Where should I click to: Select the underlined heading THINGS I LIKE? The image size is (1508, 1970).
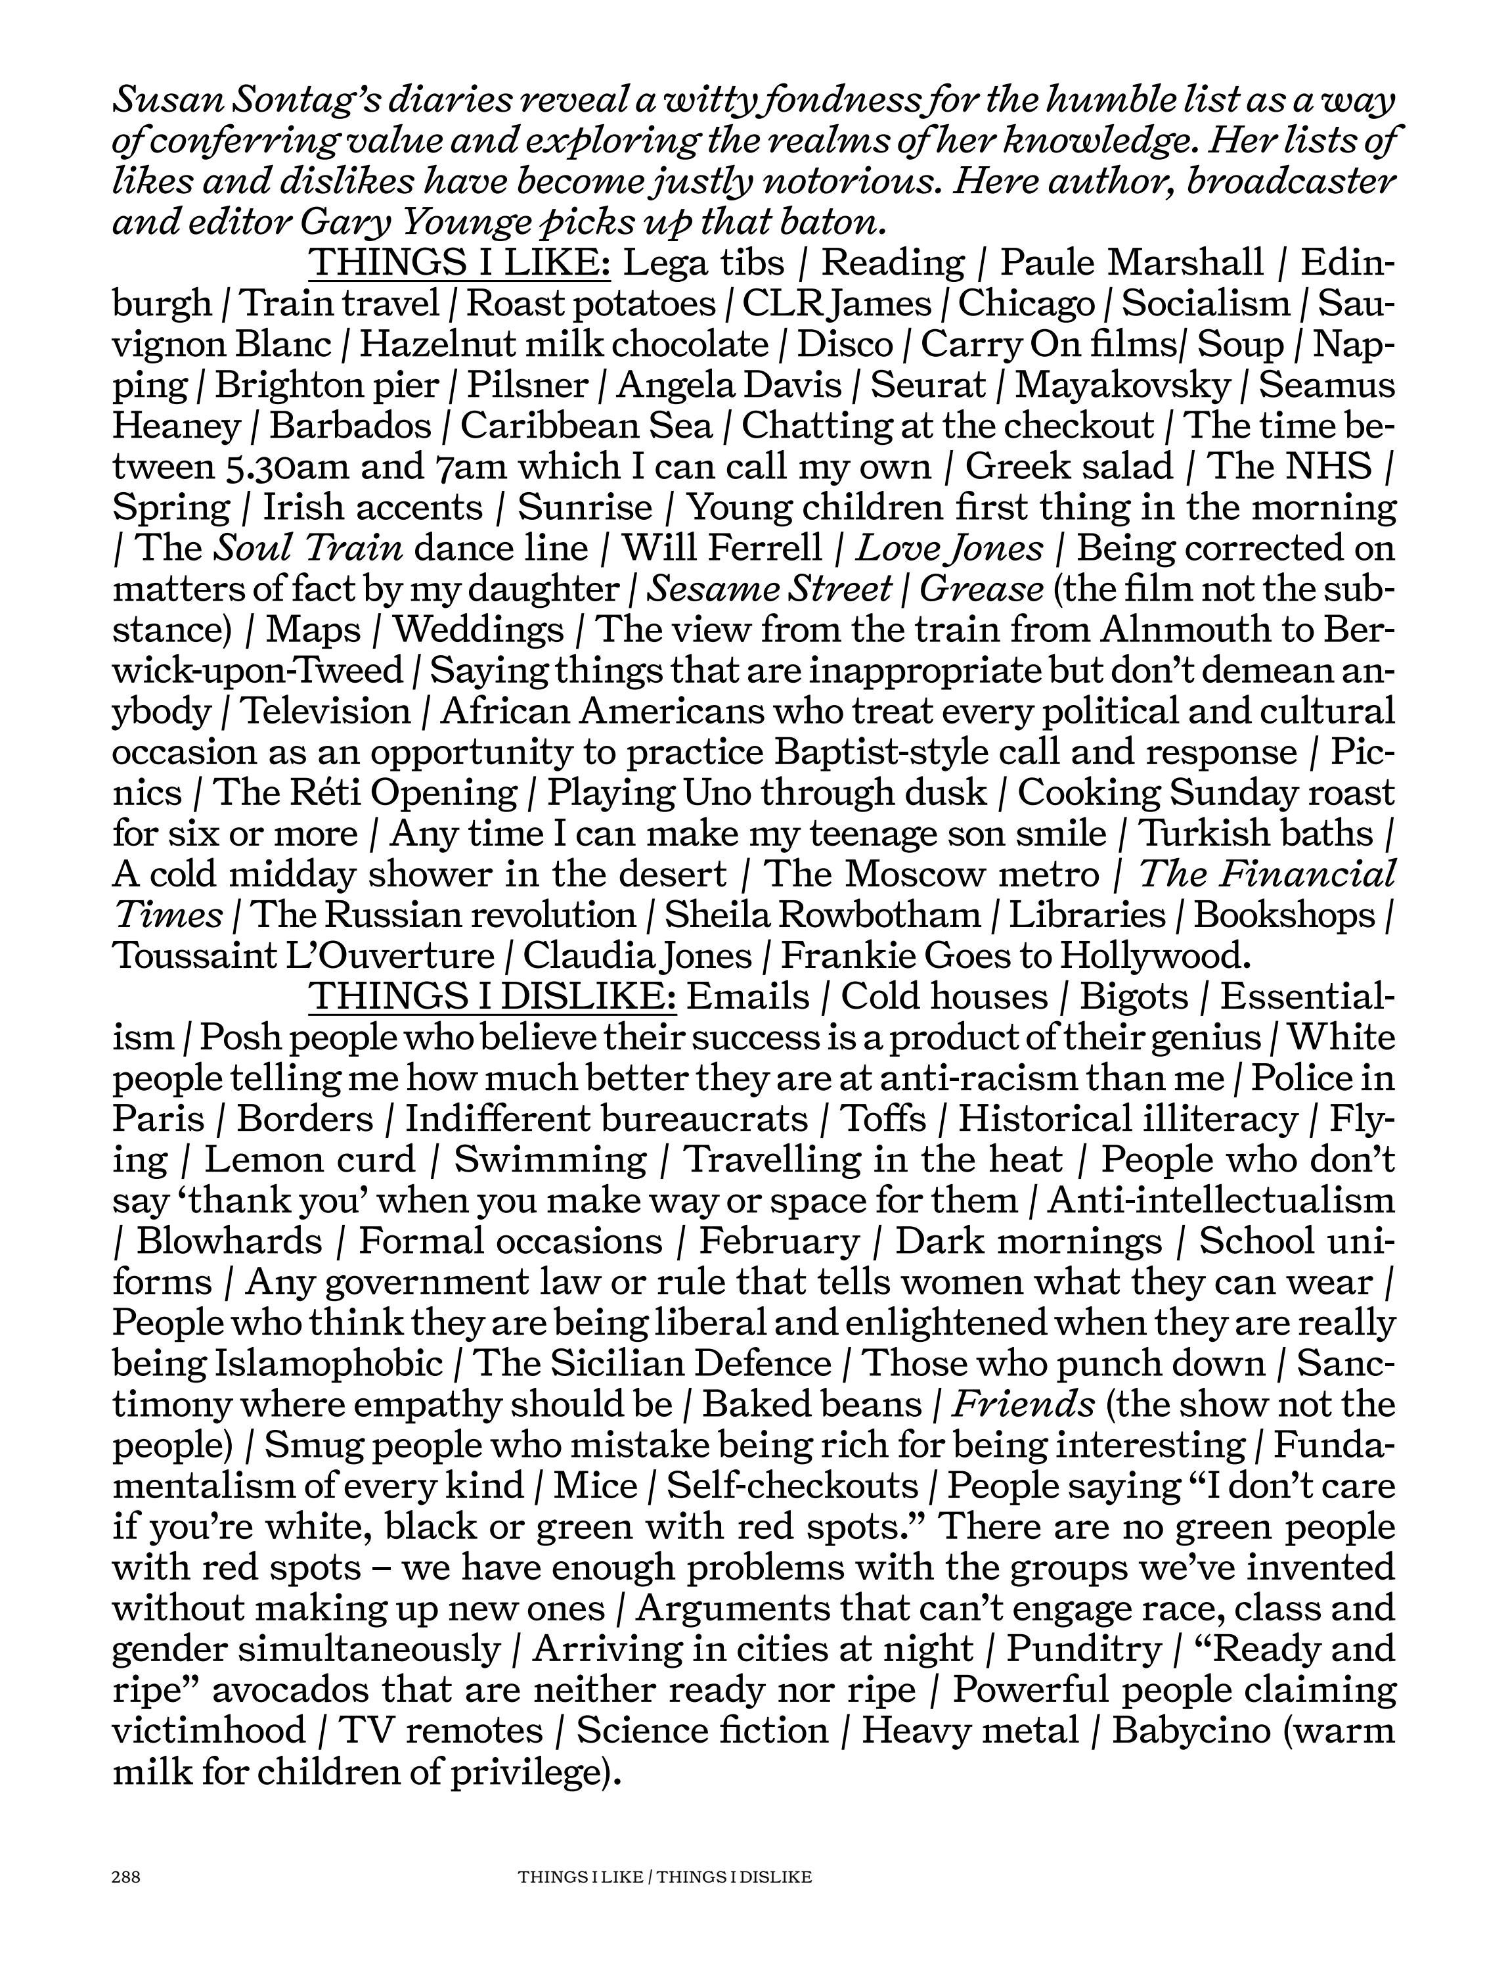(460, 262)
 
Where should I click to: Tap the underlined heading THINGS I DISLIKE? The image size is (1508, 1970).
(492, 997)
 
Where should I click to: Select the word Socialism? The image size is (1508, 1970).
(1205, 304)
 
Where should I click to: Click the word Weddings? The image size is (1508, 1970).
(478, 630)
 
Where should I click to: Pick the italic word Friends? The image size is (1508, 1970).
(1023, 1404)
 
